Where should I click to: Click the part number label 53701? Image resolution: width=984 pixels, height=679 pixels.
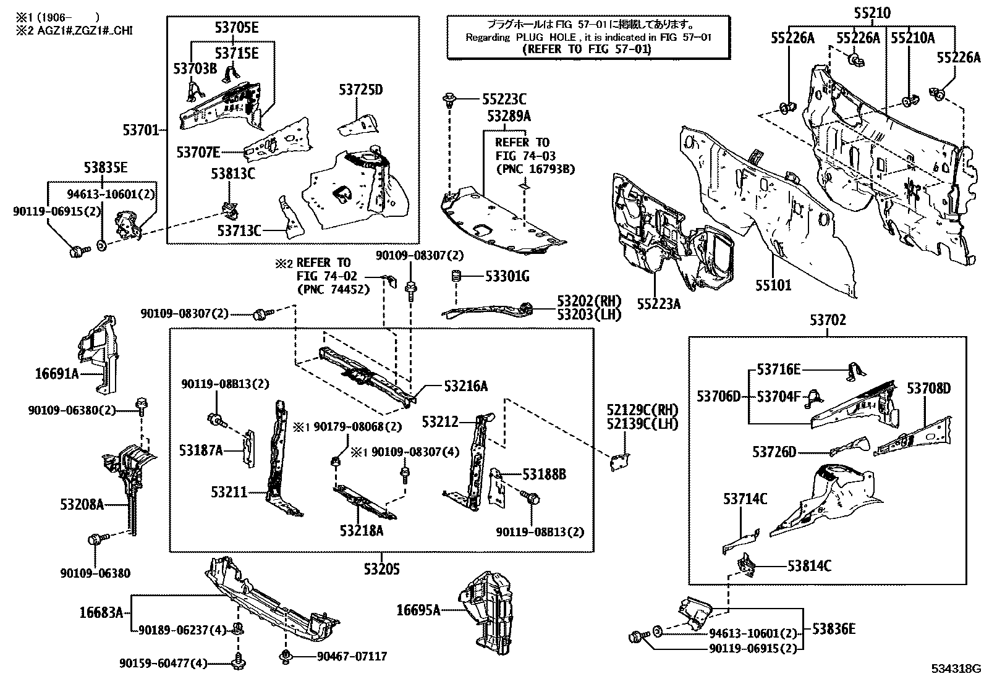click(x=142, y=130)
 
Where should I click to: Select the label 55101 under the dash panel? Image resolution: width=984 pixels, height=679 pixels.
click(x=773, y=285)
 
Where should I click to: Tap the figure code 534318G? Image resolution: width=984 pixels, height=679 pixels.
click(x=957, y=669)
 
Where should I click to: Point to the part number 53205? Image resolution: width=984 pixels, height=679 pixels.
click(x=381, y=568)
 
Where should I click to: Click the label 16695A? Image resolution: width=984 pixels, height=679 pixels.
click(x=418, y=610)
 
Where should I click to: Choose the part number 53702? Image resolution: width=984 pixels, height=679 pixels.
click(x=828, y=321)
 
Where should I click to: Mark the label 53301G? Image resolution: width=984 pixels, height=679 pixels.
click(x=507, y=276)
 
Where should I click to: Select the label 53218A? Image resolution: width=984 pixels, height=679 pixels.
click(x=361, y=530)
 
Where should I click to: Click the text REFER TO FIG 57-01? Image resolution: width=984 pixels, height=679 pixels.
click(x=587, y=49)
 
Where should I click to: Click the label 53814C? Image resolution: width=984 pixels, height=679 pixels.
click(x=809, y=565)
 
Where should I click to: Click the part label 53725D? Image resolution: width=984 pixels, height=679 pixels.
click(x=360, y=90)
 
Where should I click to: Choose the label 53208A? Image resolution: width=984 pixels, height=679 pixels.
click(x=82, y=504)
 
